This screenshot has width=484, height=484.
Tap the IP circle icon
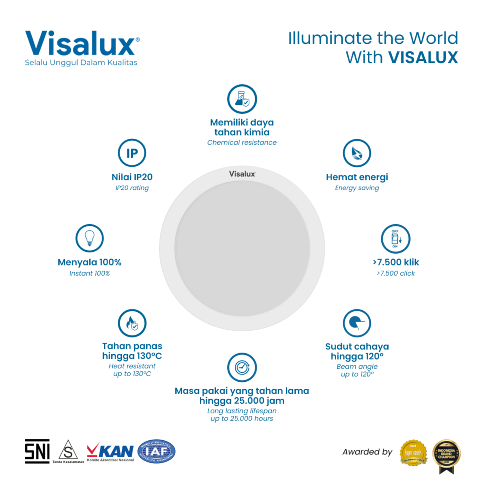point(132,154)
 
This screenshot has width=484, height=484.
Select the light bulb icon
point(89,238)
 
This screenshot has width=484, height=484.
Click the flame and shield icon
point(132,323)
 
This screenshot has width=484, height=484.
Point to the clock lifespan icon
point(242,367)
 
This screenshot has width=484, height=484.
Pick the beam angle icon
point(357,323)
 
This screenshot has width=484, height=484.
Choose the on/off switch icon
point(395,238)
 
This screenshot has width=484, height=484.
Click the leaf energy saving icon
point(357,154)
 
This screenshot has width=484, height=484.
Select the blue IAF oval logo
point(156,451)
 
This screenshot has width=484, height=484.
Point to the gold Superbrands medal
point(414,452)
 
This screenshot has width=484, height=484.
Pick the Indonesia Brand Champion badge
point(447,455)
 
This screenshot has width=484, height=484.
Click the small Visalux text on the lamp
point(242,173)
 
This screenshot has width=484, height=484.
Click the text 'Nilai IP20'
point(132,177)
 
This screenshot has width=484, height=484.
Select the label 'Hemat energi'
point(357,177)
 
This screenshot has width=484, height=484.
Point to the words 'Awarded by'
point(367,452)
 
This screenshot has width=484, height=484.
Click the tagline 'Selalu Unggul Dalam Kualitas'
point(81,62)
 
